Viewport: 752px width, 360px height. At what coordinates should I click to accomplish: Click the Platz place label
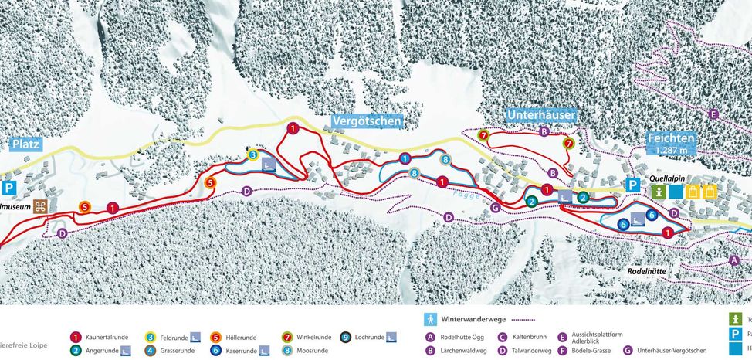27,144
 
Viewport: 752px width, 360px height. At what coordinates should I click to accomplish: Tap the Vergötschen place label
367,121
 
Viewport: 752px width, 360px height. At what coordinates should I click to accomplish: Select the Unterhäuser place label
540,115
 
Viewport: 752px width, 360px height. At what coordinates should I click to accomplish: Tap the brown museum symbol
40,206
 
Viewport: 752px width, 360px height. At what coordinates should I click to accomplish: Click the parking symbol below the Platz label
9,188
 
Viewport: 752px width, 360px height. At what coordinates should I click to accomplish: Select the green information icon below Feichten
659,191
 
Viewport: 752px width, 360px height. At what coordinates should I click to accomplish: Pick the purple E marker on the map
713,114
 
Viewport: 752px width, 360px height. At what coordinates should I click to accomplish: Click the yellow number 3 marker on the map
252,155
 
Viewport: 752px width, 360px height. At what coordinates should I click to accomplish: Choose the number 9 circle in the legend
345,337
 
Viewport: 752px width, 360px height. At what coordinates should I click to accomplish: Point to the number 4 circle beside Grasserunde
150,350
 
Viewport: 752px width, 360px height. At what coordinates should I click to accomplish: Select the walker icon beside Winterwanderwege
430,318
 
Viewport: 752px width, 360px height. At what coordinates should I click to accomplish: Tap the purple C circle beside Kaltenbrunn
502,337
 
